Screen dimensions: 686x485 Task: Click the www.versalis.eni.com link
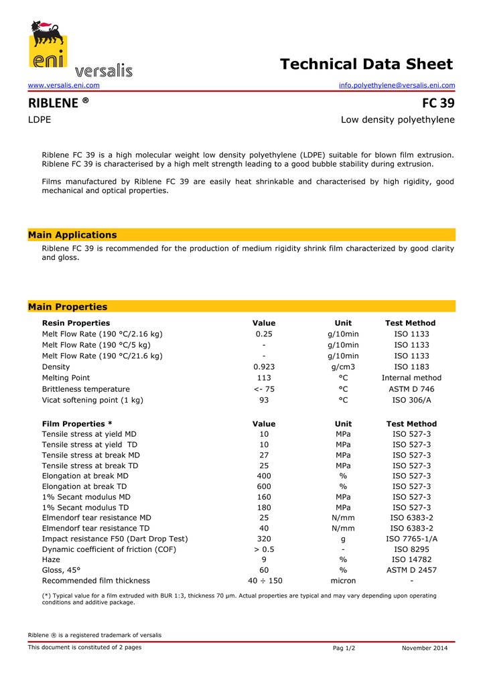64,86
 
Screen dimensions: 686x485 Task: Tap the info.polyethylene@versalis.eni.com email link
397,86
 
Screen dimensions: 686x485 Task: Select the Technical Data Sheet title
366,64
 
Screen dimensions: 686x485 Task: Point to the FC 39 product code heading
438,103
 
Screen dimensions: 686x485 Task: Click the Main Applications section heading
72,235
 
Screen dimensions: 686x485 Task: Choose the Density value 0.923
264,367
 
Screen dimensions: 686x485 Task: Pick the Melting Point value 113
264,378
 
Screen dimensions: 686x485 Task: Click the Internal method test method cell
411,378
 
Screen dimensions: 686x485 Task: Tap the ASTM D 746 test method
411,389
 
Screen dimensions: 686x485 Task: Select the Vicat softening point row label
92,400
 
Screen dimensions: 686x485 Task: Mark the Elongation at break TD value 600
264,486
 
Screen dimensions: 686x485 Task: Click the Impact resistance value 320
264,539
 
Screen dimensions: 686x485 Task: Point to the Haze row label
51,559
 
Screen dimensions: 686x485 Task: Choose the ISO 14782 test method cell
411,559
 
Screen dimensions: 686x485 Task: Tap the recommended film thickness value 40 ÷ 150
265,581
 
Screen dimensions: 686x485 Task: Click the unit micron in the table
343,581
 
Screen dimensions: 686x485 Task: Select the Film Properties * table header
77,424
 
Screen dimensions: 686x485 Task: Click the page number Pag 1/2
344,648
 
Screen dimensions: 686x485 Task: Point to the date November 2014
425,648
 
